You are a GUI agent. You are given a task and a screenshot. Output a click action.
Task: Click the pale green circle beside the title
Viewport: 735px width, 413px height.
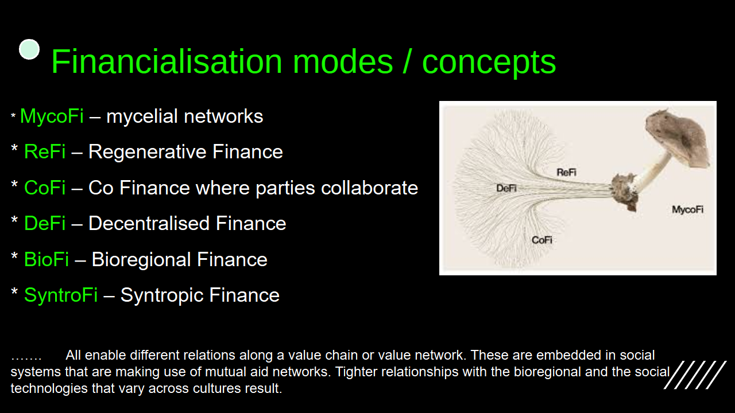pyautogui.click(x=29, y=49)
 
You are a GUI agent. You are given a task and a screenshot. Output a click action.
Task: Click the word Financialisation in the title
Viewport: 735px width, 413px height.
pyautogui.click(x=167, y=61)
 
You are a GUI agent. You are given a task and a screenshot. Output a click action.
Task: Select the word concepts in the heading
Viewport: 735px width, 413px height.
pyautogui.click(x=489, y=64)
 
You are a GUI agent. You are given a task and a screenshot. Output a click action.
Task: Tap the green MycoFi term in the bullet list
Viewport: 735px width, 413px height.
pyautogui.click(x=52, y=116)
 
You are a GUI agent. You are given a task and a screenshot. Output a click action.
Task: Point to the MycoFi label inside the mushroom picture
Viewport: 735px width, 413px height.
pyautogui.click(x=687, y=210)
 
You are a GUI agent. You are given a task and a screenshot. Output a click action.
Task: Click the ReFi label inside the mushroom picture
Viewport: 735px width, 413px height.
pyautogui.click(x=566, y=172)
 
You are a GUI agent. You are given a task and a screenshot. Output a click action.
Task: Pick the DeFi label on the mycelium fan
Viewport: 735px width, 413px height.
pyautogui.click(x=506, y=188)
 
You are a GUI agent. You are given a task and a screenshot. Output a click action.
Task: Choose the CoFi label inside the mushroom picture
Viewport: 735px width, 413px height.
pyautogui.click(x=541, y=240)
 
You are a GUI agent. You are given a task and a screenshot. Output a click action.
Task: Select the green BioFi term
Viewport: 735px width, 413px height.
pyautogui.click(x=47, y=260)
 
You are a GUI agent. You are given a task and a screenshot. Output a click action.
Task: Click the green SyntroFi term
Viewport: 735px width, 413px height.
pyautogui.click(x=61, y=295)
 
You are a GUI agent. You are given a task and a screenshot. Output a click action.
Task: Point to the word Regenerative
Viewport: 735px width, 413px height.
pyautogui.click(x=148, y=153)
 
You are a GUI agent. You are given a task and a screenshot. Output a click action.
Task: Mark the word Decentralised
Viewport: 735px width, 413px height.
pyautogui.click(x=149, y=224)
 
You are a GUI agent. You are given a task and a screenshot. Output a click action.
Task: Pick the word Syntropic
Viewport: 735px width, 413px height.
pyautogui.click(x=162, y=295)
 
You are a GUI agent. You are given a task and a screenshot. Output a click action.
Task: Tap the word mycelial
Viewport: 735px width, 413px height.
pyautogui.click(x=142, y=116)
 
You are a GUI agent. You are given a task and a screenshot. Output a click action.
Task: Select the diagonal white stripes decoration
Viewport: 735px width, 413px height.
pyautogui.click(x=695, y=375)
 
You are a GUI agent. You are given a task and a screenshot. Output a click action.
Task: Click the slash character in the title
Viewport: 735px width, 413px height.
pyautogui.click(x=407, y=61)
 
